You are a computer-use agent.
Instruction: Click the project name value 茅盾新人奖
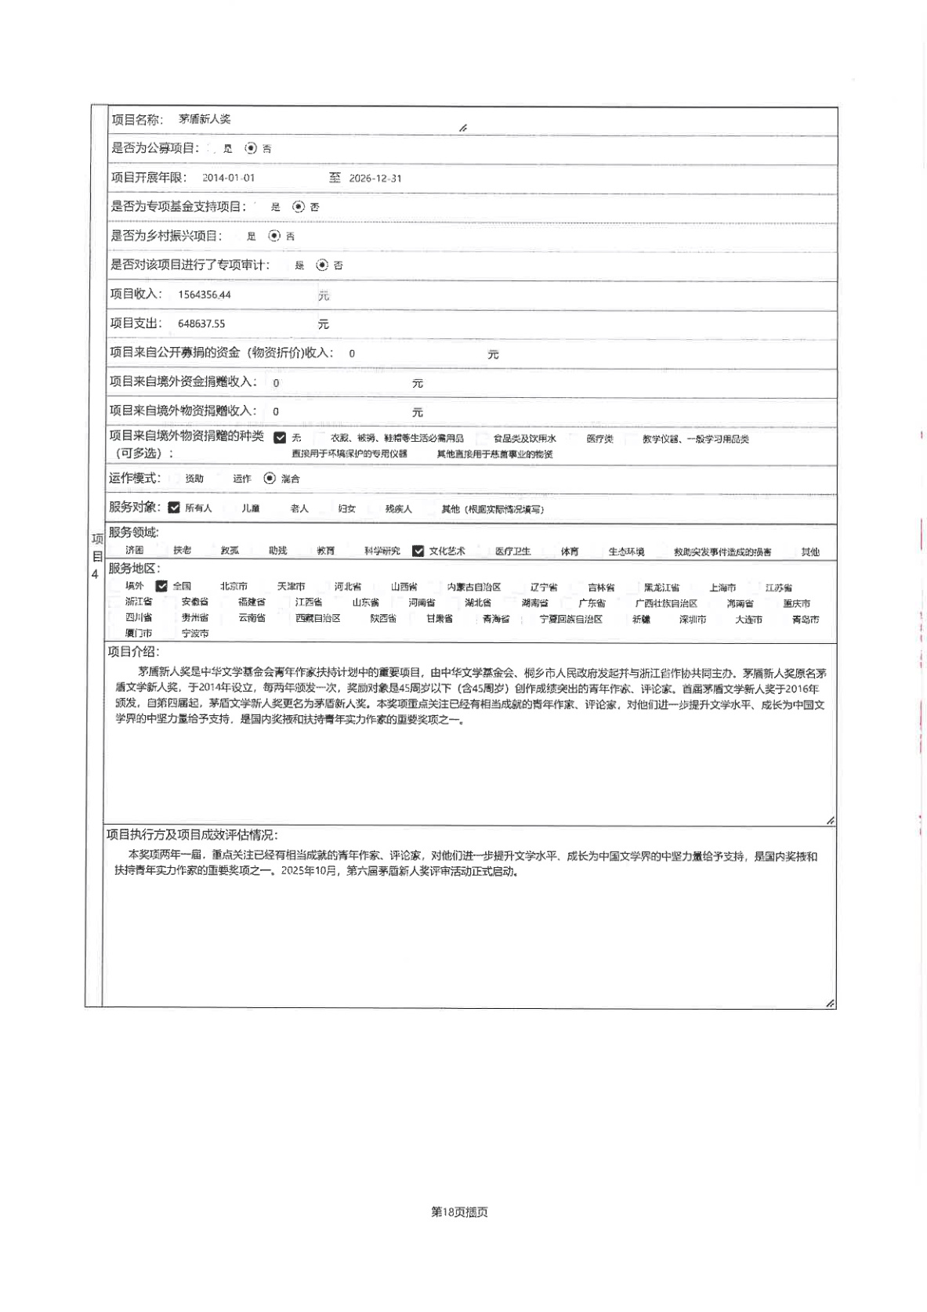[205, 119]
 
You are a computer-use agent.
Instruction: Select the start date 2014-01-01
[228, 178]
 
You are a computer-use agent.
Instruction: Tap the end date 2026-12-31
[375, 178]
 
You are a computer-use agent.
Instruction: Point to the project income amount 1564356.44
[205, 295]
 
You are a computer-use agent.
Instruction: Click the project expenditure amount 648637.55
[201, 323]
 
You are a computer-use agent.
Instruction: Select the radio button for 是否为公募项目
[251, 148]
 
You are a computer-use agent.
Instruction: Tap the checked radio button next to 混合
[270, 478]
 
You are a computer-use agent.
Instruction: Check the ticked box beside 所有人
[174, 508]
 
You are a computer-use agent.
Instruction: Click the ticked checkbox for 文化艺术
[418, 551]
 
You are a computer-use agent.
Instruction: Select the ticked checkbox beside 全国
[161, 586]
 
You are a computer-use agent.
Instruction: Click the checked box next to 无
[280, 438]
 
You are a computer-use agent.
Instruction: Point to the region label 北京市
[234, 586]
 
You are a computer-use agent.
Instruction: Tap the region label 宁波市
[195, 633]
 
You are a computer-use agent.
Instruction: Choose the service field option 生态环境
[626, 551]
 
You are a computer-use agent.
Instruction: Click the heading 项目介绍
[133, 652]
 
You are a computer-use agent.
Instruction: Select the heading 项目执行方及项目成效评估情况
[191, 835]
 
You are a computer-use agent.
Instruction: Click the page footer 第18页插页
[460, 1212]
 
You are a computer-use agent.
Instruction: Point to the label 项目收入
[136, 294]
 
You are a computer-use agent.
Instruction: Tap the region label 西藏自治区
[317, 618]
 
